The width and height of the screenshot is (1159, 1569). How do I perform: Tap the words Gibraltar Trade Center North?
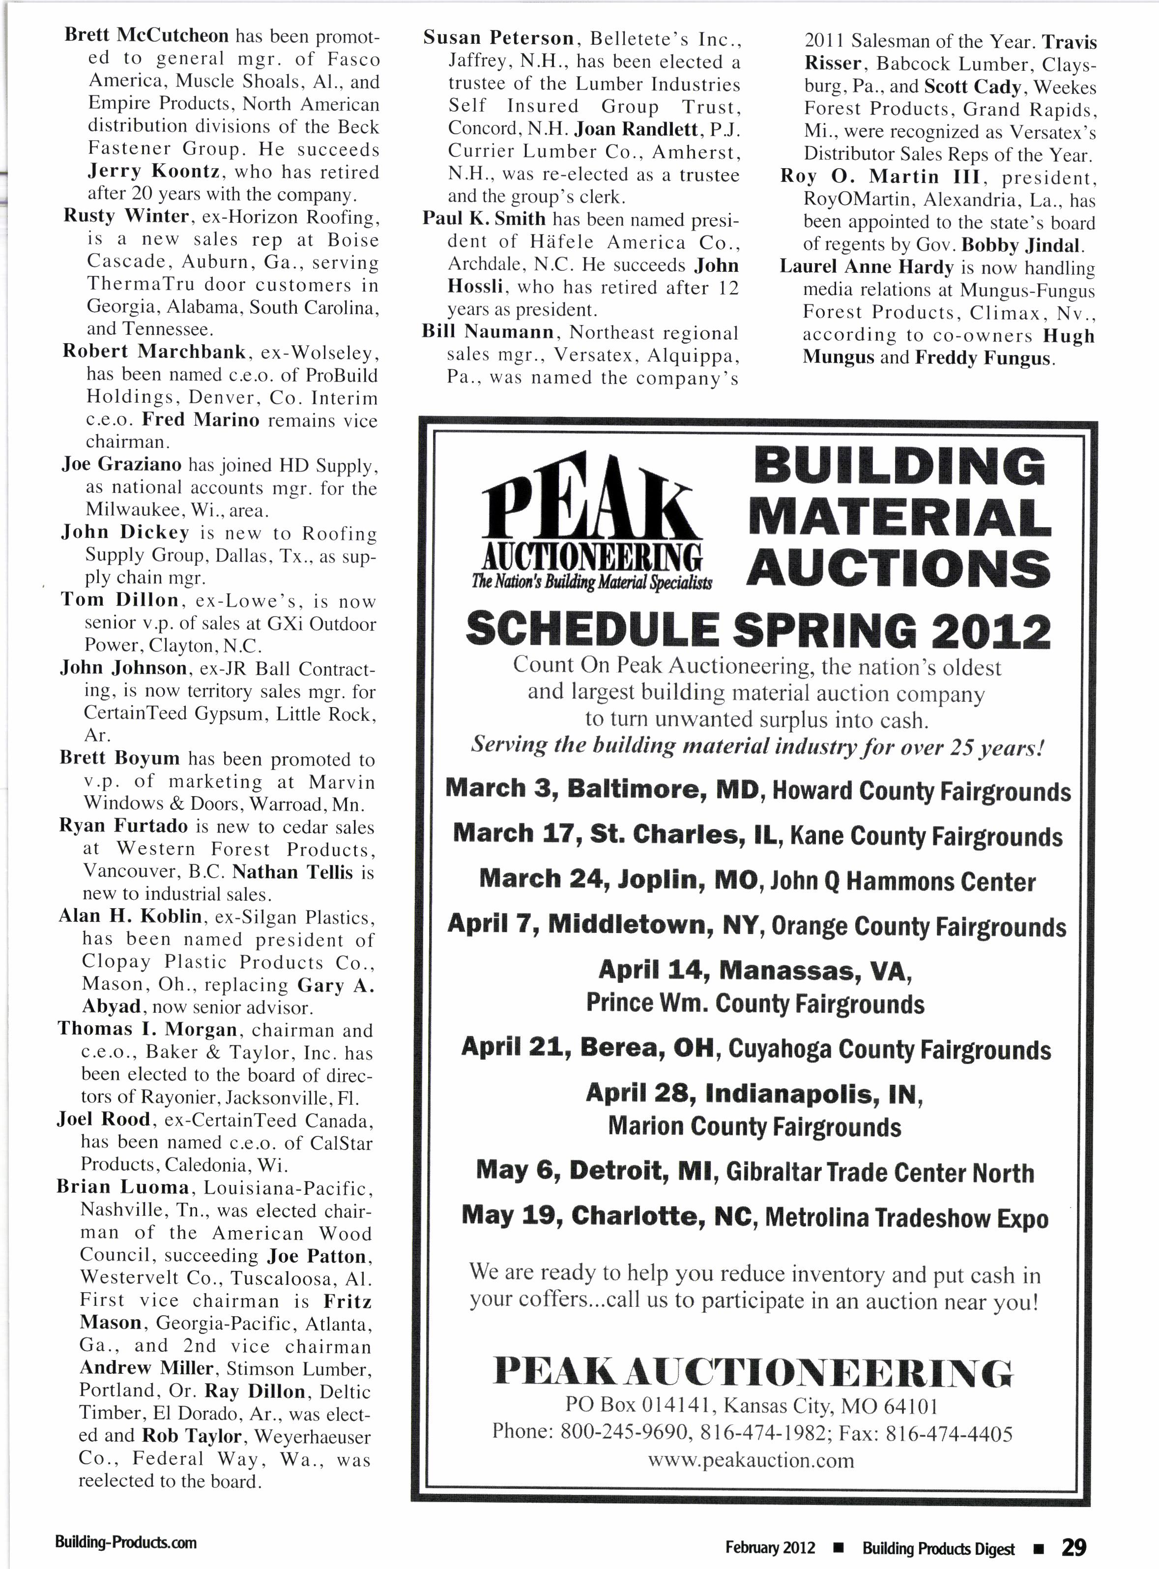880,1173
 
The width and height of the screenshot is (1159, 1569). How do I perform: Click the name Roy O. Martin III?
881,177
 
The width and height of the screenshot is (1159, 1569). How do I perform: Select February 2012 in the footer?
770,1547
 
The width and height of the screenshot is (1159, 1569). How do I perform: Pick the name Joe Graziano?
121,465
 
